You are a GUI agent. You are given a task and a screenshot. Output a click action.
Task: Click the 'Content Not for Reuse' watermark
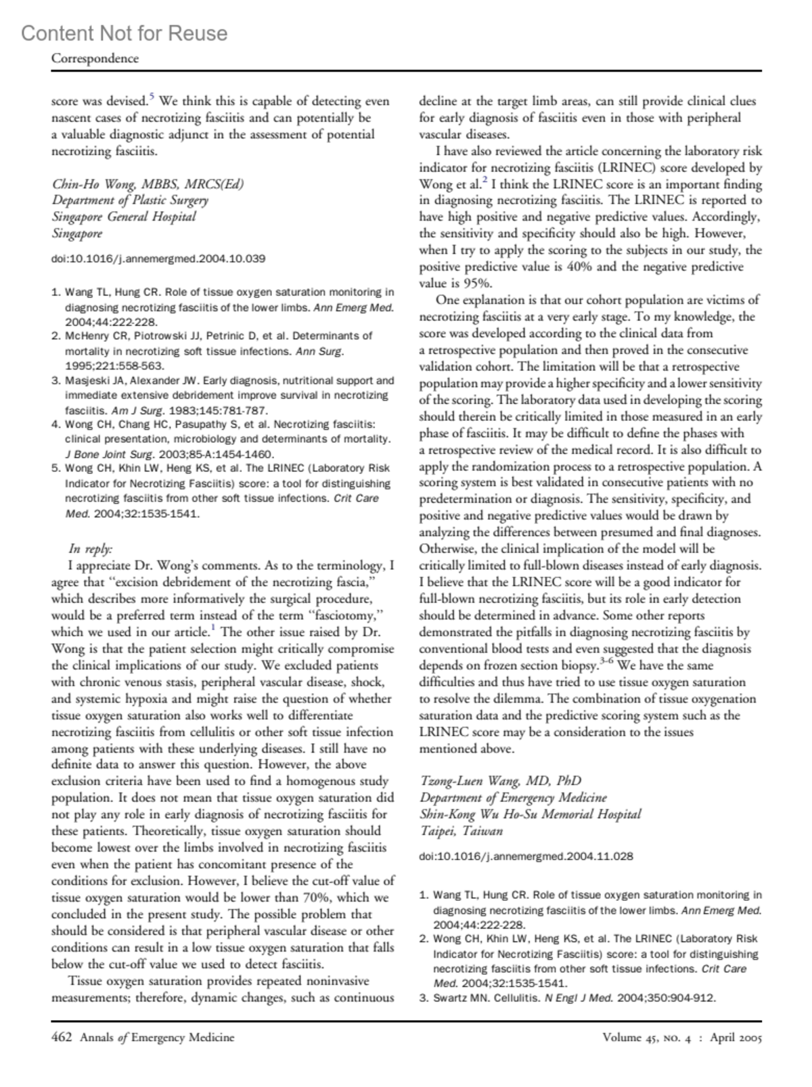pyautogui.click(x=125, y=33)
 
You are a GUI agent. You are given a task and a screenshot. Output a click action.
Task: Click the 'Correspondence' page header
pyautogui.click(x=95, y=58)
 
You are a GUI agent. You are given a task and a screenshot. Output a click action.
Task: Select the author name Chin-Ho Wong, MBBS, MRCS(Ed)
pyautogui.click(x=148, y=183)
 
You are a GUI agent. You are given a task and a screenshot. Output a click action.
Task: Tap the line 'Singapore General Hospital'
pyautogui.click(x=124, y=217)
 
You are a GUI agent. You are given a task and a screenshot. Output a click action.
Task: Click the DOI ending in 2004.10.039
pyautogui.click(x=158, y=259)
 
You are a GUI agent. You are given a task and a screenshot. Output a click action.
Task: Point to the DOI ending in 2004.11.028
pyautogui.click(x=526, y=856)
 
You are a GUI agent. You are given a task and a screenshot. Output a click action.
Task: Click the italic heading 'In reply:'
pyautogui.click(x=91, y=549)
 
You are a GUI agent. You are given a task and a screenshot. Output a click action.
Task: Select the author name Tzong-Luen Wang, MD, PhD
pyautogui.click(x=500, y=781)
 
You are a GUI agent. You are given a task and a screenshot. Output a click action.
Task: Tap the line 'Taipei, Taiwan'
pyautogui.click(x=461, y=831)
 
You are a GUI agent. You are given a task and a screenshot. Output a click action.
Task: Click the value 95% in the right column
pyautogui.click(x=477, y=284)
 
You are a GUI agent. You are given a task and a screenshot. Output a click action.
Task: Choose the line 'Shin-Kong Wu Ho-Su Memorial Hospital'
pyautogui.click(x=530, y=814)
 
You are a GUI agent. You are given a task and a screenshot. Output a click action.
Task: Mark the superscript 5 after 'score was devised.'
pyautogui.click(x=152, y=97)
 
